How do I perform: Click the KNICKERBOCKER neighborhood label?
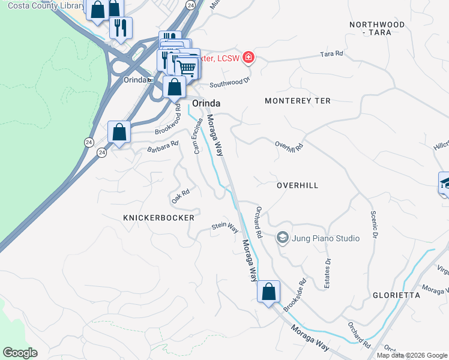(x=158, y=218)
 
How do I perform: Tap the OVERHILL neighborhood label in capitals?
(x=297, y=186)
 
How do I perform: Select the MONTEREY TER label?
(x=297, y=101)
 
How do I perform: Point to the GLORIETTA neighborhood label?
(x=396, y=296)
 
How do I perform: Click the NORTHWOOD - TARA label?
(x=377, y=28)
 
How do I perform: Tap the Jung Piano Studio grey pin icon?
(x=282, y=238)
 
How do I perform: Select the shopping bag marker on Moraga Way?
(x=268, y=292)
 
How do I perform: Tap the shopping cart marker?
(x=188, y=68)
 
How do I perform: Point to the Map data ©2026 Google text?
(x=411, y=355)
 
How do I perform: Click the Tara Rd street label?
(x=331, y=54)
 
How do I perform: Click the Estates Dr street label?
(x=328, y=274)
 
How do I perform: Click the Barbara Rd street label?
(x=163, y=145)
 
